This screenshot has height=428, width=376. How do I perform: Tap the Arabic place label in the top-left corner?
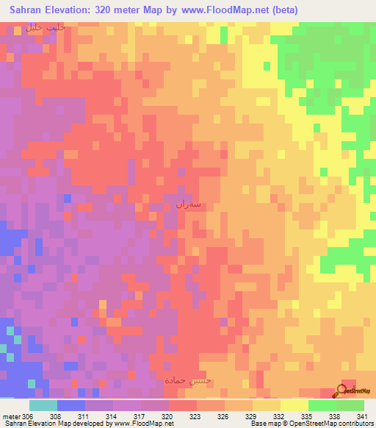point(46,27)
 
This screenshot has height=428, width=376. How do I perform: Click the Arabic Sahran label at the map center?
point(189,204)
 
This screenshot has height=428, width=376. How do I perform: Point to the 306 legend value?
point(29,416)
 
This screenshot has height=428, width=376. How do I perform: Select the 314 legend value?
point(112,416)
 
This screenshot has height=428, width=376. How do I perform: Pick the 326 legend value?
point(225,416)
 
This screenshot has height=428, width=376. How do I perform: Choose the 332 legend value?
point(281,416)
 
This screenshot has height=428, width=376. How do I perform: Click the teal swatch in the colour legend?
point(43,405)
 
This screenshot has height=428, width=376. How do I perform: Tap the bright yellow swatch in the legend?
point(294,405)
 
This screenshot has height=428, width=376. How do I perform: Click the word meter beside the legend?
point(10,416)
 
